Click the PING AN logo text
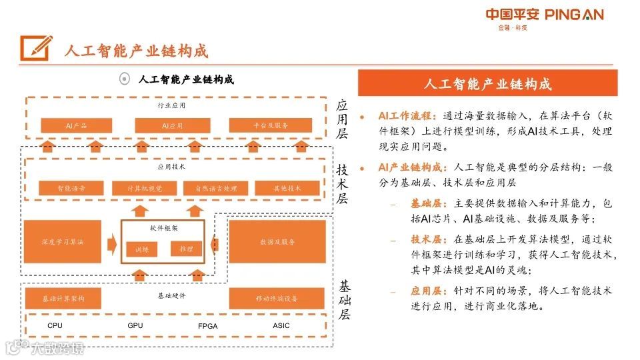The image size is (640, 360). pos(574,15)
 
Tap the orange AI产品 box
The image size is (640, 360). pos(77,125)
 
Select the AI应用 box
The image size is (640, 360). pos(172,125)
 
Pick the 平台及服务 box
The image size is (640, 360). pos(270,125)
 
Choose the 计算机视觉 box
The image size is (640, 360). pos(145,189)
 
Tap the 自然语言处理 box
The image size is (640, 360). pos(216,189)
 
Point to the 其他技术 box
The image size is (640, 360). pos(287,189)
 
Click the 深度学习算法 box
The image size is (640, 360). pos(63,241)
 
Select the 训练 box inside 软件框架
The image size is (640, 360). pos(142,249)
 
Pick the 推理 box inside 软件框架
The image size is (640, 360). pos(187,249)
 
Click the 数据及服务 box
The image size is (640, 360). pos(277,241)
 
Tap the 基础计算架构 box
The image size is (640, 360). pos(63,298)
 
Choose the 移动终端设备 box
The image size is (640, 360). pos(277,298)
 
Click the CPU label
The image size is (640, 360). pos(55,326)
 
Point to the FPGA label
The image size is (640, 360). pos(208,327)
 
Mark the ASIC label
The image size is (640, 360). pos(281,326)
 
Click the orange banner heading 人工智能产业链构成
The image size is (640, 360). pos(488,83)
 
